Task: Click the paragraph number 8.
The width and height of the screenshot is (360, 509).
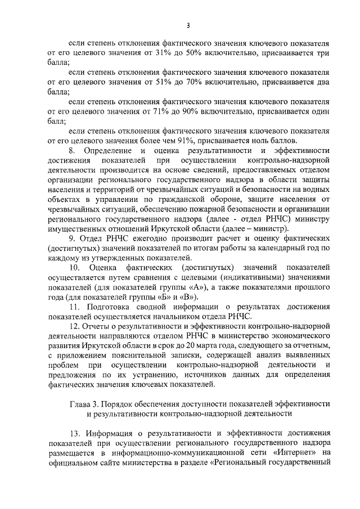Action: click(x=71, y=151)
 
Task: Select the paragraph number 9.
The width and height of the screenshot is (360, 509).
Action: click(x=71, y=239)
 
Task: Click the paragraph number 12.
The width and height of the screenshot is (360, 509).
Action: click(x=74, y=327)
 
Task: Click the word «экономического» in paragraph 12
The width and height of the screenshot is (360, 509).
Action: click(x=298, y=336)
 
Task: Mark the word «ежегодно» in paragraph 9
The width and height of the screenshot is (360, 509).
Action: click(x=139, y=239)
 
